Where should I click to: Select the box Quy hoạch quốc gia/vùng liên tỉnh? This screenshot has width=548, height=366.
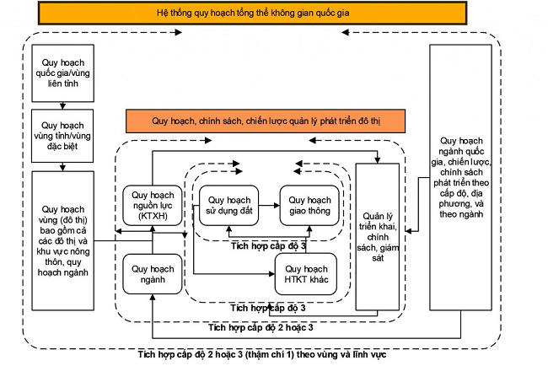[x=62, y=71]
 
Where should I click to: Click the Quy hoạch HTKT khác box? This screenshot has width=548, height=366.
[x=306, y=272]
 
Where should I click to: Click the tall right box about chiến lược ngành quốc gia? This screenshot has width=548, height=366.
[x=460, y=178]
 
